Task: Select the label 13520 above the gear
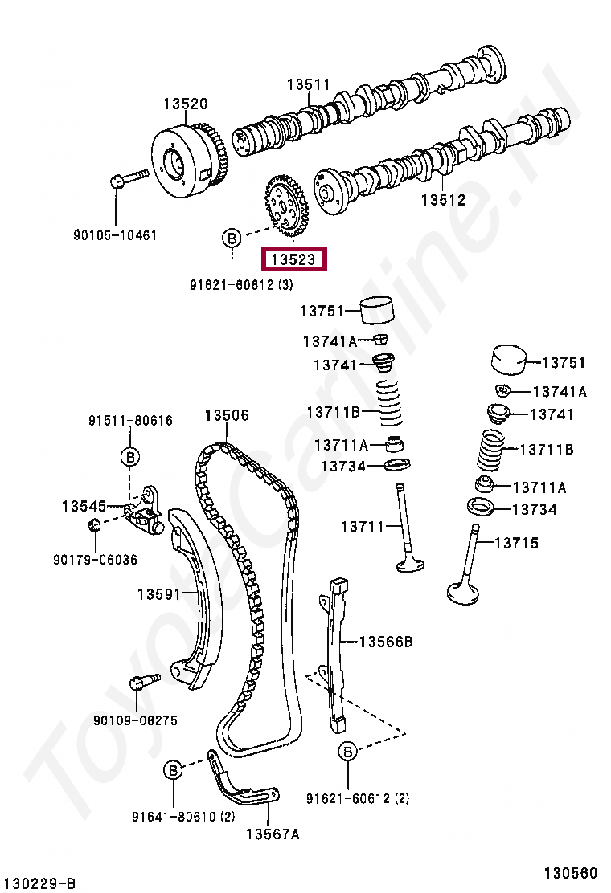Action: point(186,104)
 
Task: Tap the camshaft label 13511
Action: point(310,84)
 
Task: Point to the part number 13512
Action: point(443,200)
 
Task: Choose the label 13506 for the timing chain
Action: point(226,415)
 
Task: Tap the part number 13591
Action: point(158,594)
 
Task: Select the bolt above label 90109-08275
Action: point(142,682)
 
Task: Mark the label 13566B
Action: point(385,642)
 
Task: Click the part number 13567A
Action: point(273,834)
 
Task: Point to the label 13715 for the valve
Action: point(516,544)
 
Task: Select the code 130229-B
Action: point(38,883)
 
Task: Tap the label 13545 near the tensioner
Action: point(84,506)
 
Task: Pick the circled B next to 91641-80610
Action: point(173,769)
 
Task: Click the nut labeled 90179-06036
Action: point(93,526)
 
